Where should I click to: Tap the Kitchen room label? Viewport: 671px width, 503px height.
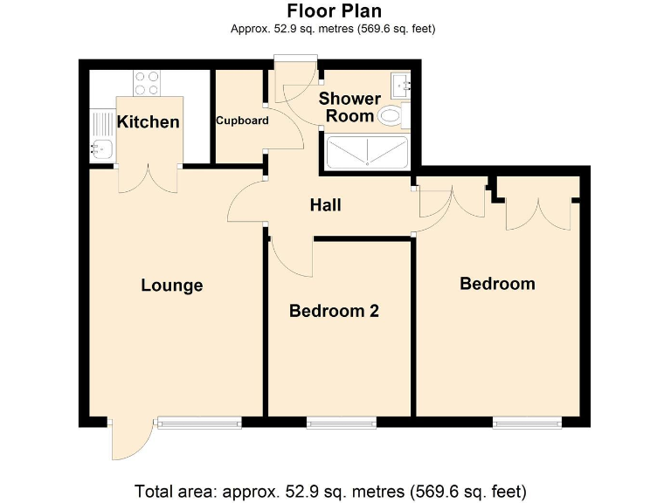[x=149, y=121]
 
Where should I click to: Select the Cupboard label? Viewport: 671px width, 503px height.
[x=242, y=121]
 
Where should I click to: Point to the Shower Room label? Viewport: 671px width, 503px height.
[x=349, y=107]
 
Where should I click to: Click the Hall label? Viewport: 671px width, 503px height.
[x=325, y=206]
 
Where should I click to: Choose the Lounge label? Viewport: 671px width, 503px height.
[x=172, y=286]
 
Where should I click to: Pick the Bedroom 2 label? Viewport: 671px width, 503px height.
[x=334, y=311]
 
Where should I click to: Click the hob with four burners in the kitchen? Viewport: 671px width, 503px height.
[x=147, y=83]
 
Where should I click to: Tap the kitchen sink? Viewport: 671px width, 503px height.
[x=101, y=148]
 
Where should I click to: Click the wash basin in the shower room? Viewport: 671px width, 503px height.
[x=401, y=85]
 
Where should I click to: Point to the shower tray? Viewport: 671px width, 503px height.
[x=366, y=153]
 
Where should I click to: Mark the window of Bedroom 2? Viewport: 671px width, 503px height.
[x=335, y=424]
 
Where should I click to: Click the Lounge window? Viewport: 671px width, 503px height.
[x=198, y=424]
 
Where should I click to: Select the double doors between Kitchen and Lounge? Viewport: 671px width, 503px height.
[x=148, y=178]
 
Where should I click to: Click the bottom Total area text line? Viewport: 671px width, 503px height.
[x=330, y=490]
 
